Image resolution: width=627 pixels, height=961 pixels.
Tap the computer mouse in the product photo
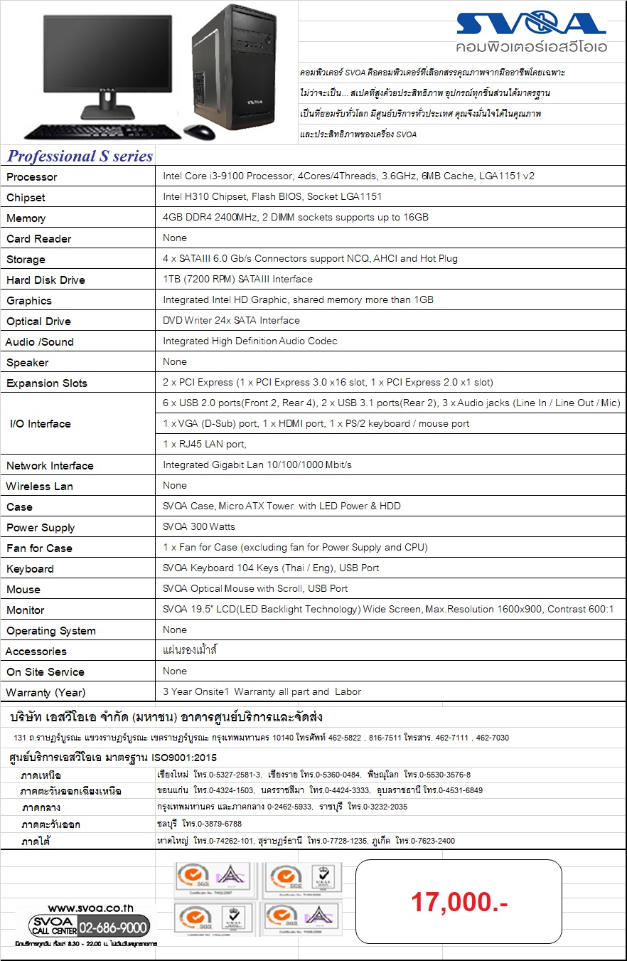click(200, 132)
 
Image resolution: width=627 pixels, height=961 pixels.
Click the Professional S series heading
click(80, 156)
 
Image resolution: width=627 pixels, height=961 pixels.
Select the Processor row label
click(32, 176)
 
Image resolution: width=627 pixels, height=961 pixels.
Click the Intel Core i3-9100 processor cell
click(348, 176)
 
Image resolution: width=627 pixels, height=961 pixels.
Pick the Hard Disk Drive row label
click(45, 280)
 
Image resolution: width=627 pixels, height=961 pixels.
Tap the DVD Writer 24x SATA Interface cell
click(231, 320)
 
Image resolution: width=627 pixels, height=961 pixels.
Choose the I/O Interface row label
click(41, 424)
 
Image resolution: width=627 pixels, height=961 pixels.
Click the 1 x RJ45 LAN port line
click(205, 444)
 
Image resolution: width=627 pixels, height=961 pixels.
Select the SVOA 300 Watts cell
click(199, 526)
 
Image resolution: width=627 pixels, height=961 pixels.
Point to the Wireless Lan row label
click(40, 486)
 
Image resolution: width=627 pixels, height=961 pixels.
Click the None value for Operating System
click(175, 630)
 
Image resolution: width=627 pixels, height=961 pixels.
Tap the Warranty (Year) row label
click(45, 692)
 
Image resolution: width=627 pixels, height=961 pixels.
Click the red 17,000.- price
click(459, 902)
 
